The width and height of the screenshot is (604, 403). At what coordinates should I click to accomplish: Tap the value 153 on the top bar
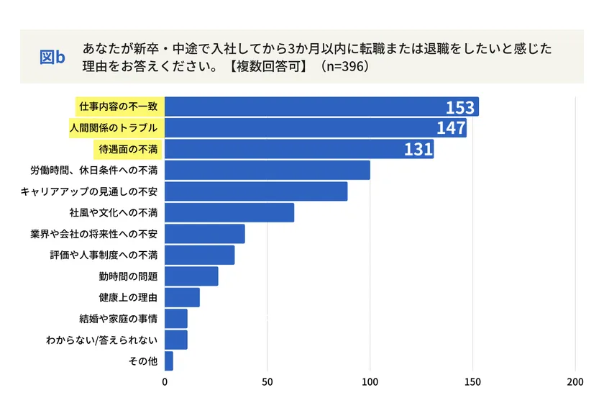click(x=459, y=108)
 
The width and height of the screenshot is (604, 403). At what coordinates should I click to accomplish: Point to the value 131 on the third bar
click(x=418, y=150)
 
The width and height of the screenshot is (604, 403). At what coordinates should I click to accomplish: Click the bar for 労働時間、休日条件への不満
click(x=267, y=171)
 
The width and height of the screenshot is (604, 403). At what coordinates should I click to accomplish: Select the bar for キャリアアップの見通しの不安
click(x=256, y=191)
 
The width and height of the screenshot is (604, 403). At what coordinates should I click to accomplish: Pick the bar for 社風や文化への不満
click(x=229, y=212)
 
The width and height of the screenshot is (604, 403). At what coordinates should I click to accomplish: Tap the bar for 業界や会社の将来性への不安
click(x=205, y=234)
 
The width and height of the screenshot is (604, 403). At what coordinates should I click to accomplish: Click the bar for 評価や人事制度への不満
click(x=200, y=255)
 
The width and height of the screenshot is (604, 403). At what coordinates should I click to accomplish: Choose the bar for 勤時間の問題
click(x=191, y=276)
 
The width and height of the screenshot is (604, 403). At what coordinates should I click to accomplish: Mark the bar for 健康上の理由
click(x=182, y=297)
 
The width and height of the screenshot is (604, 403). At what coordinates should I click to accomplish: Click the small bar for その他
click(x=169, y=361)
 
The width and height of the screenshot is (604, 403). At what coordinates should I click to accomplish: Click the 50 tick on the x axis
click(x=267, y=381)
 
